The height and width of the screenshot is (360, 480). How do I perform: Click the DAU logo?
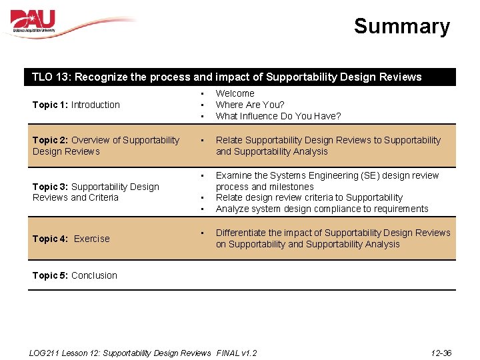(33, 21)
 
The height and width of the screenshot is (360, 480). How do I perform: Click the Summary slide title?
(401, 27)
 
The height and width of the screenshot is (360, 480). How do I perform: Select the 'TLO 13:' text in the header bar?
(52, 77)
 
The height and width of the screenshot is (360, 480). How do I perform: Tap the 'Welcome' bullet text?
(235, 94)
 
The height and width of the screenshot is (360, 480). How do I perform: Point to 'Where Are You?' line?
(250, 105)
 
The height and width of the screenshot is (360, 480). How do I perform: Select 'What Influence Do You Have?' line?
(278, 116)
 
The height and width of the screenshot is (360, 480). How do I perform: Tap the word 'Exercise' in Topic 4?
(92, 239)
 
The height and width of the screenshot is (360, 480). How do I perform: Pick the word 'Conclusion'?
(94, 275)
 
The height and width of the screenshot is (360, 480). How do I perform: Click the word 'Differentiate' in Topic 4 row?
(241, 233)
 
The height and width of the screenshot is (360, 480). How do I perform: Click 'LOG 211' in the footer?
(46, 353)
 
